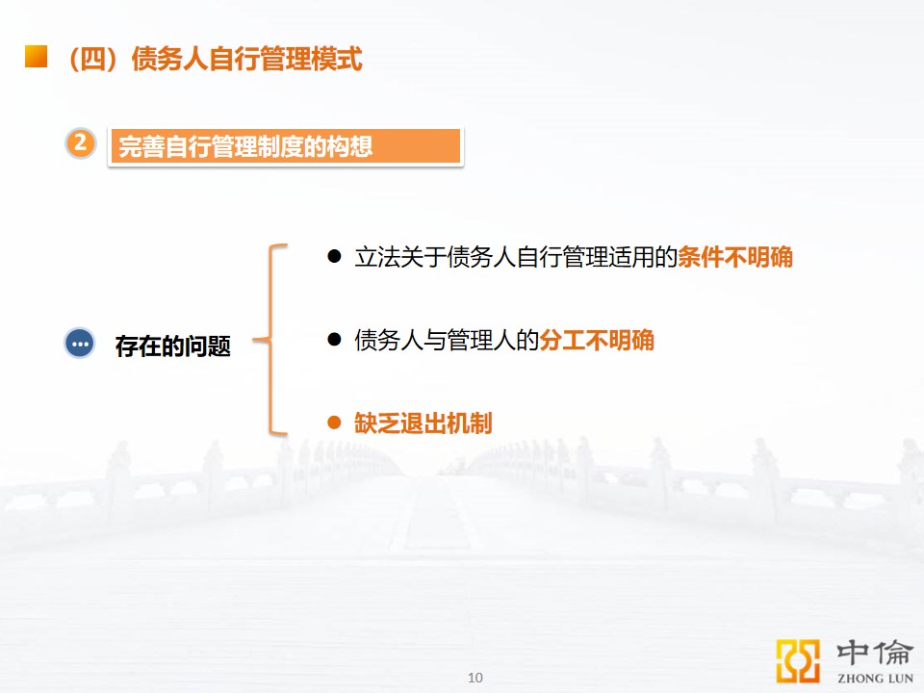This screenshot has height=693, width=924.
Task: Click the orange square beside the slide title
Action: pyautogui.click(x=36, y=57)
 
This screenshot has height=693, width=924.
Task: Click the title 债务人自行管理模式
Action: pyautogui.click(x=246, y=59)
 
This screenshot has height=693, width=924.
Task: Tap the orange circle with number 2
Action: pyautogui.click(x=81, y=143)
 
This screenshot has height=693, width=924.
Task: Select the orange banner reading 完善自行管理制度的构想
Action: pyautogui.click(x=285, y=146)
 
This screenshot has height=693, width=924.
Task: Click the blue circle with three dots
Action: pyautogui.click(x=80, y=343)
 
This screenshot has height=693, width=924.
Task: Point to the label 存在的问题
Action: pyautogui.click(x=172, y=346)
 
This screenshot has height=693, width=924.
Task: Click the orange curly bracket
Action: pyautogui.click(x=270, y=340)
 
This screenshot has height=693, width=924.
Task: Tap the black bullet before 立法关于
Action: pyautogui.click(x=334, y=256)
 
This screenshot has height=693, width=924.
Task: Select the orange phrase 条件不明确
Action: pyautogui.click(x=735, y=257)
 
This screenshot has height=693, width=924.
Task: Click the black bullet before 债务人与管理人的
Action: pyautogui.click(x=334, y=339)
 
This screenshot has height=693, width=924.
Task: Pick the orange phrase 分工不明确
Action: pyautogui.click(x=597, y=340)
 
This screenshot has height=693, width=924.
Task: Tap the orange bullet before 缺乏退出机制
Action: pyautogui.click(x=334, y=422)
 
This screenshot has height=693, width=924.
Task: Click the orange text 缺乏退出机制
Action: pyautogui.click(x=423, y=423)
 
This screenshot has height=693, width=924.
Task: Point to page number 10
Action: pyautogui.click(x=475, y=678)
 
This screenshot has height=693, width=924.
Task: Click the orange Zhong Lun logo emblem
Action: pyautogui.click(x=798, y=661)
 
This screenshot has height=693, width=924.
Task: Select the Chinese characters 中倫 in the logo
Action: pyautogui.click(x=875, y=653)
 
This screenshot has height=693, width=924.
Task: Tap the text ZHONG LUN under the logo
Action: pyautogui.click(x=875, y=679)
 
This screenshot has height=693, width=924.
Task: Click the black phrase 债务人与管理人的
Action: pyautogui.click(x=447, y=340)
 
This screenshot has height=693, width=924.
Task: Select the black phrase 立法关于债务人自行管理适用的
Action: pyautogui.click(x=516, y=257)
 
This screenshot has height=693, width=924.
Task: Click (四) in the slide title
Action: pyautogui.click(x=93, y=59)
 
